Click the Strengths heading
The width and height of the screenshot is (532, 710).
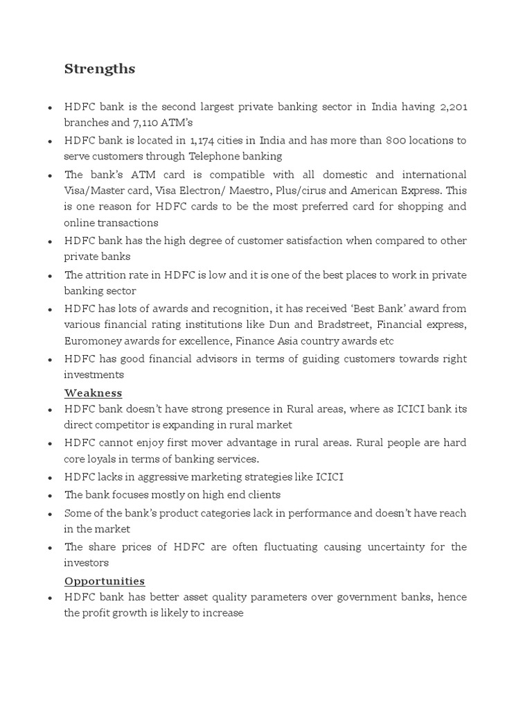(100, 69)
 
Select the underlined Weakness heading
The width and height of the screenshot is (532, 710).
(93, 393)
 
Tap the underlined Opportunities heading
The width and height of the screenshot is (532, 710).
(105, 581)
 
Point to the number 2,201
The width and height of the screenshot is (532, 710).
(453, 107)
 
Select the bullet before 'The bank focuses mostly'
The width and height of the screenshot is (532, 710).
(51, 496)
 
